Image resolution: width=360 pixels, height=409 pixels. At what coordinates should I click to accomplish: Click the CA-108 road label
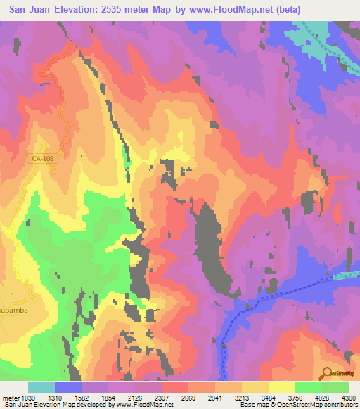click(x=43, y=160)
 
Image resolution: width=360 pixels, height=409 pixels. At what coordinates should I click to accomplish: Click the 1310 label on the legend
click(x=68, y=398)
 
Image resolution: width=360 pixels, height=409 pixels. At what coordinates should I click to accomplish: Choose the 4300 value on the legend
click(x=347, y=398)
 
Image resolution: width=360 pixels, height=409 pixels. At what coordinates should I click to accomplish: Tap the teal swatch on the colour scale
click(x=41, y=387)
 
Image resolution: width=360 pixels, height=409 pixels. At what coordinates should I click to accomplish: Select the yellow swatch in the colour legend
click(x=281, y=387)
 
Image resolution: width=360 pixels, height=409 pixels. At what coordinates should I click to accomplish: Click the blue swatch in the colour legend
click(x=68, y=387)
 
